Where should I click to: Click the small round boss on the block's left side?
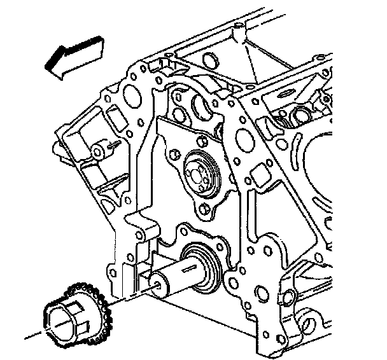coord(99,151)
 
